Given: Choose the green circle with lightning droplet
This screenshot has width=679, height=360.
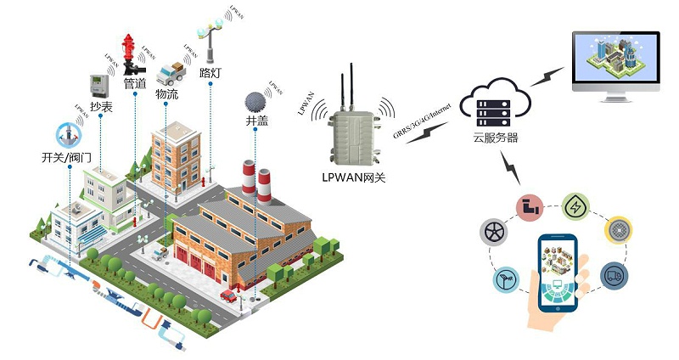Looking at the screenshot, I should [x=576, y=207].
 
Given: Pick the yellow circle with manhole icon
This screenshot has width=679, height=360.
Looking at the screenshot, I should [x=619, y=231].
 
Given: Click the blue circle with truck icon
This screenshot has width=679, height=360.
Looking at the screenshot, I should [x=614, y=275].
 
